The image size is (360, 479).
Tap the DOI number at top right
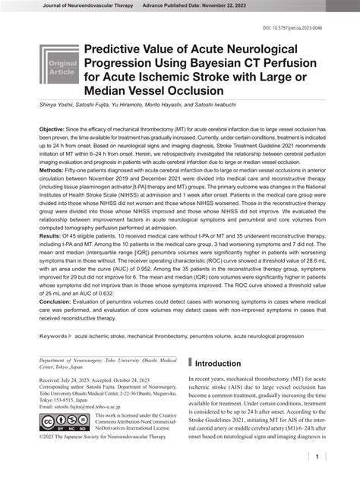(x=314, y=27)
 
